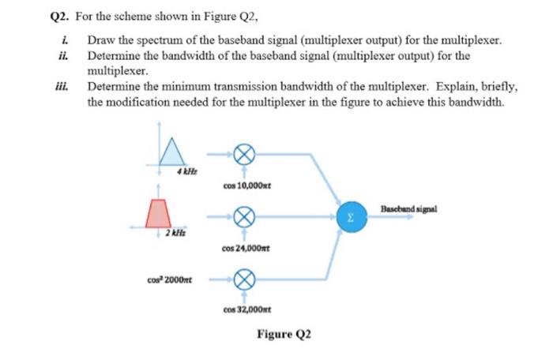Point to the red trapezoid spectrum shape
159,212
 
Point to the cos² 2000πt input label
171,278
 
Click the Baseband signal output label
408,208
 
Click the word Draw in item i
101,39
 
